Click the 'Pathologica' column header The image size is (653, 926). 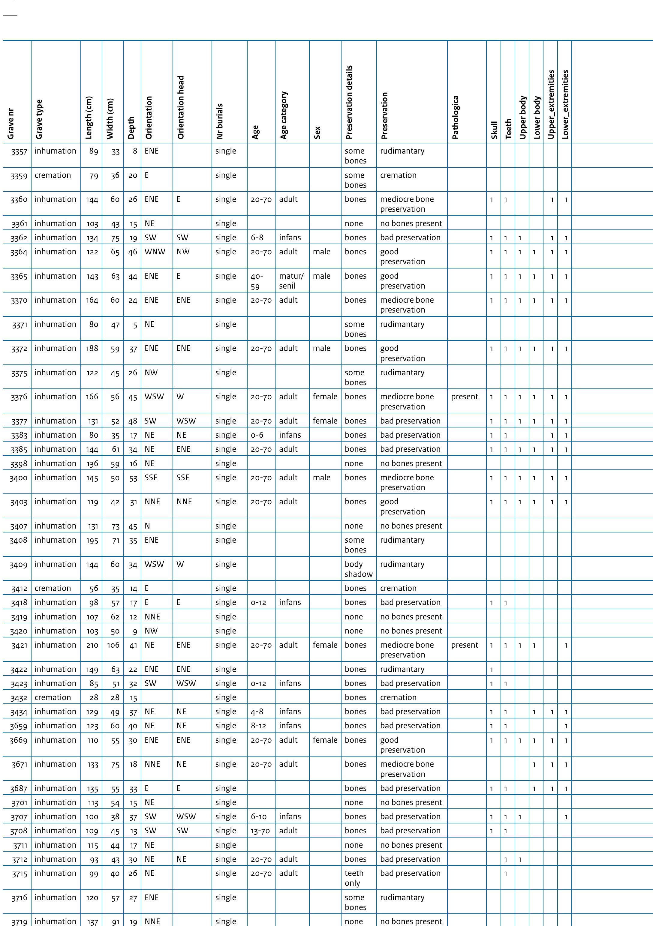tap(455, 117)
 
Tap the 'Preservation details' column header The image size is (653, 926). tap(349, 102)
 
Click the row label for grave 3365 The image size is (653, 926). tap(19, 276)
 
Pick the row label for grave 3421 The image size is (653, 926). tap(19, 645)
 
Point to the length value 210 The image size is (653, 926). tap(92, 645)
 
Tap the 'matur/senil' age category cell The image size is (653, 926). tap(291, 281)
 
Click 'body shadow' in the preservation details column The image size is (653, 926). tap(358, 569)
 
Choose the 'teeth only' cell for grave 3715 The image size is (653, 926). tap(354, 878)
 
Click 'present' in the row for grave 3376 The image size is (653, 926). tap(465, 397)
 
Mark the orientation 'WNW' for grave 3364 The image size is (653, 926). tap(155, 252)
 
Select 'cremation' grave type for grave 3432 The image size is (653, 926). tap(53, 698)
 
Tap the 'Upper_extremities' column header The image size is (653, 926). tap(551, 104)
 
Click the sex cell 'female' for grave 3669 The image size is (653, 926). tap(325, 740)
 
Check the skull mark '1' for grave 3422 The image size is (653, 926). tap(492, 670)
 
